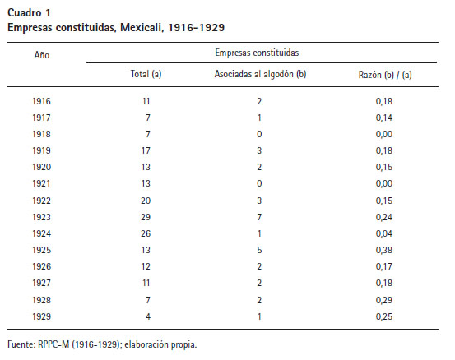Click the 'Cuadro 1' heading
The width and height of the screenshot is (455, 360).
pyautogui.click(x=29, y=13)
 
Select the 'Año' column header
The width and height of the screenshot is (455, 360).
pyautogui.click(x=42, y=55)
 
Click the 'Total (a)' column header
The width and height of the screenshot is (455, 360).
pyautogui.click(x=146, y=74)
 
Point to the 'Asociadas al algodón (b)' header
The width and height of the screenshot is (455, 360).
pyautogui.click(x=260, y=74)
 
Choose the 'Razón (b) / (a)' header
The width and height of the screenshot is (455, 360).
pyautogui.click(x=385, y=75)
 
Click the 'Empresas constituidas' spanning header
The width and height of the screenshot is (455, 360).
pyautogui.click(x=257, y=53)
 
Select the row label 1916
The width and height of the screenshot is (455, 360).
pyautogui.click(x=41, y=101)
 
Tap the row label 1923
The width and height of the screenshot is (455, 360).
pyautogui.click(x=41, y=217)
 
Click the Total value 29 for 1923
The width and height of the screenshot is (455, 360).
pyautogui.click(x=146, y=217)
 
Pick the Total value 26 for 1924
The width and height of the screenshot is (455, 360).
pyautogui.click(x=146, y=233)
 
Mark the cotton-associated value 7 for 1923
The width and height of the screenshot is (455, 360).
pyautogui.click(x=259, y=217)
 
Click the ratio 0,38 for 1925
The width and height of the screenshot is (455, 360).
pyautogui.click(x=384, y=250)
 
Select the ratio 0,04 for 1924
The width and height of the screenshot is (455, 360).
pyautogui.click(x=384, y=233)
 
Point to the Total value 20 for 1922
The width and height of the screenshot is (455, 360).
pyautogui.click(x=146, y=201)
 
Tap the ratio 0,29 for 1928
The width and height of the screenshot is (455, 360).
pyautogui.click(x=384, y=300)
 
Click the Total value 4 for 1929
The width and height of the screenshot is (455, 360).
pyautogui.click(x=148, y=316)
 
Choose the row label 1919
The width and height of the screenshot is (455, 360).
pyautogui.click(x=41, y=150)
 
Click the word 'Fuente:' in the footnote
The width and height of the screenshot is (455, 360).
pyautogui.click(x=21, y=344)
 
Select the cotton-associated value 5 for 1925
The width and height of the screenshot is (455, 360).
pyautogui.click(x=259, y=250)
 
